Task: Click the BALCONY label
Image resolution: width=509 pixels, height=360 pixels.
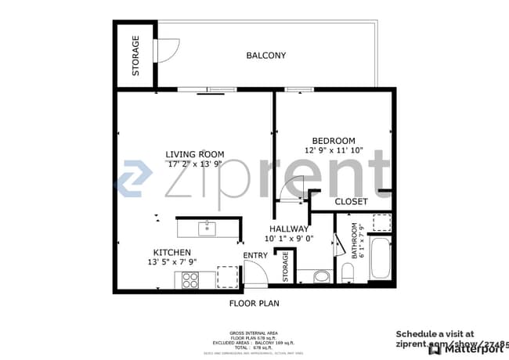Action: click(265, 56)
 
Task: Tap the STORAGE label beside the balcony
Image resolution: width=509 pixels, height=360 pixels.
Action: click(135, 56)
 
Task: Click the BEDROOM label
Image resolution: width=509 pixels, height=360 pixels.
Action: click(334, 141)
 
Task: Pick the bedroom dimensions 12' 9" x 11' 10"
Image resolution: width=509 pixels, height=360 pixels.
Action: click(334, 150)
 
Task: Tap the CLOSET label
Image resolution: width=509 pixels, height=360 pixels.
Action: click(351, 202)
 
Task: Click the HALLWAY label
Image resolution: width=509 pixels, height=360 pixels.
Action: click(289, 229)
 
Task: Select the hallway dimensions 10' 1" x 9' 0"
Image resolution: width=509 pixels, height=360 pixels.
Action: click(289, 239)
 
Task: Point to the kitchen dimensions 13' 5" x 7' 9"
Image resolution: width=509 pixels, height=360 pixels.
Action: click(172, 262)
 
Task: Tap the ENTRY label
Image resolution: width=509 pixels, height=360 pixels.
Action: click(254, 256)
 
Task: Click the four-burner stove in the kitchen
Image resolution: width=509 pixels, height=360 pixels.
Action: click(190, 279)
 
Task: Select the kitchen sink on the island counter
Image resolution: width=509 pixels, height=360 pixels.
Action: click(207, 229)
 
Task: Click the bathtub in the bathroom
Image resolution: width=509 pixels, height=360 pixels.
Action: click(380, 260)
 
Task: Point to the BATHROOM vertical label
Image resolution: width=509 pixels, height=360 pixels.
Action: click(358, 241)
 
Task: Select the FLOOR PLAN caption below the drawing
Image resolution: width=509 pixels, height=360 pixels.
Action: click(254, 303)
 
